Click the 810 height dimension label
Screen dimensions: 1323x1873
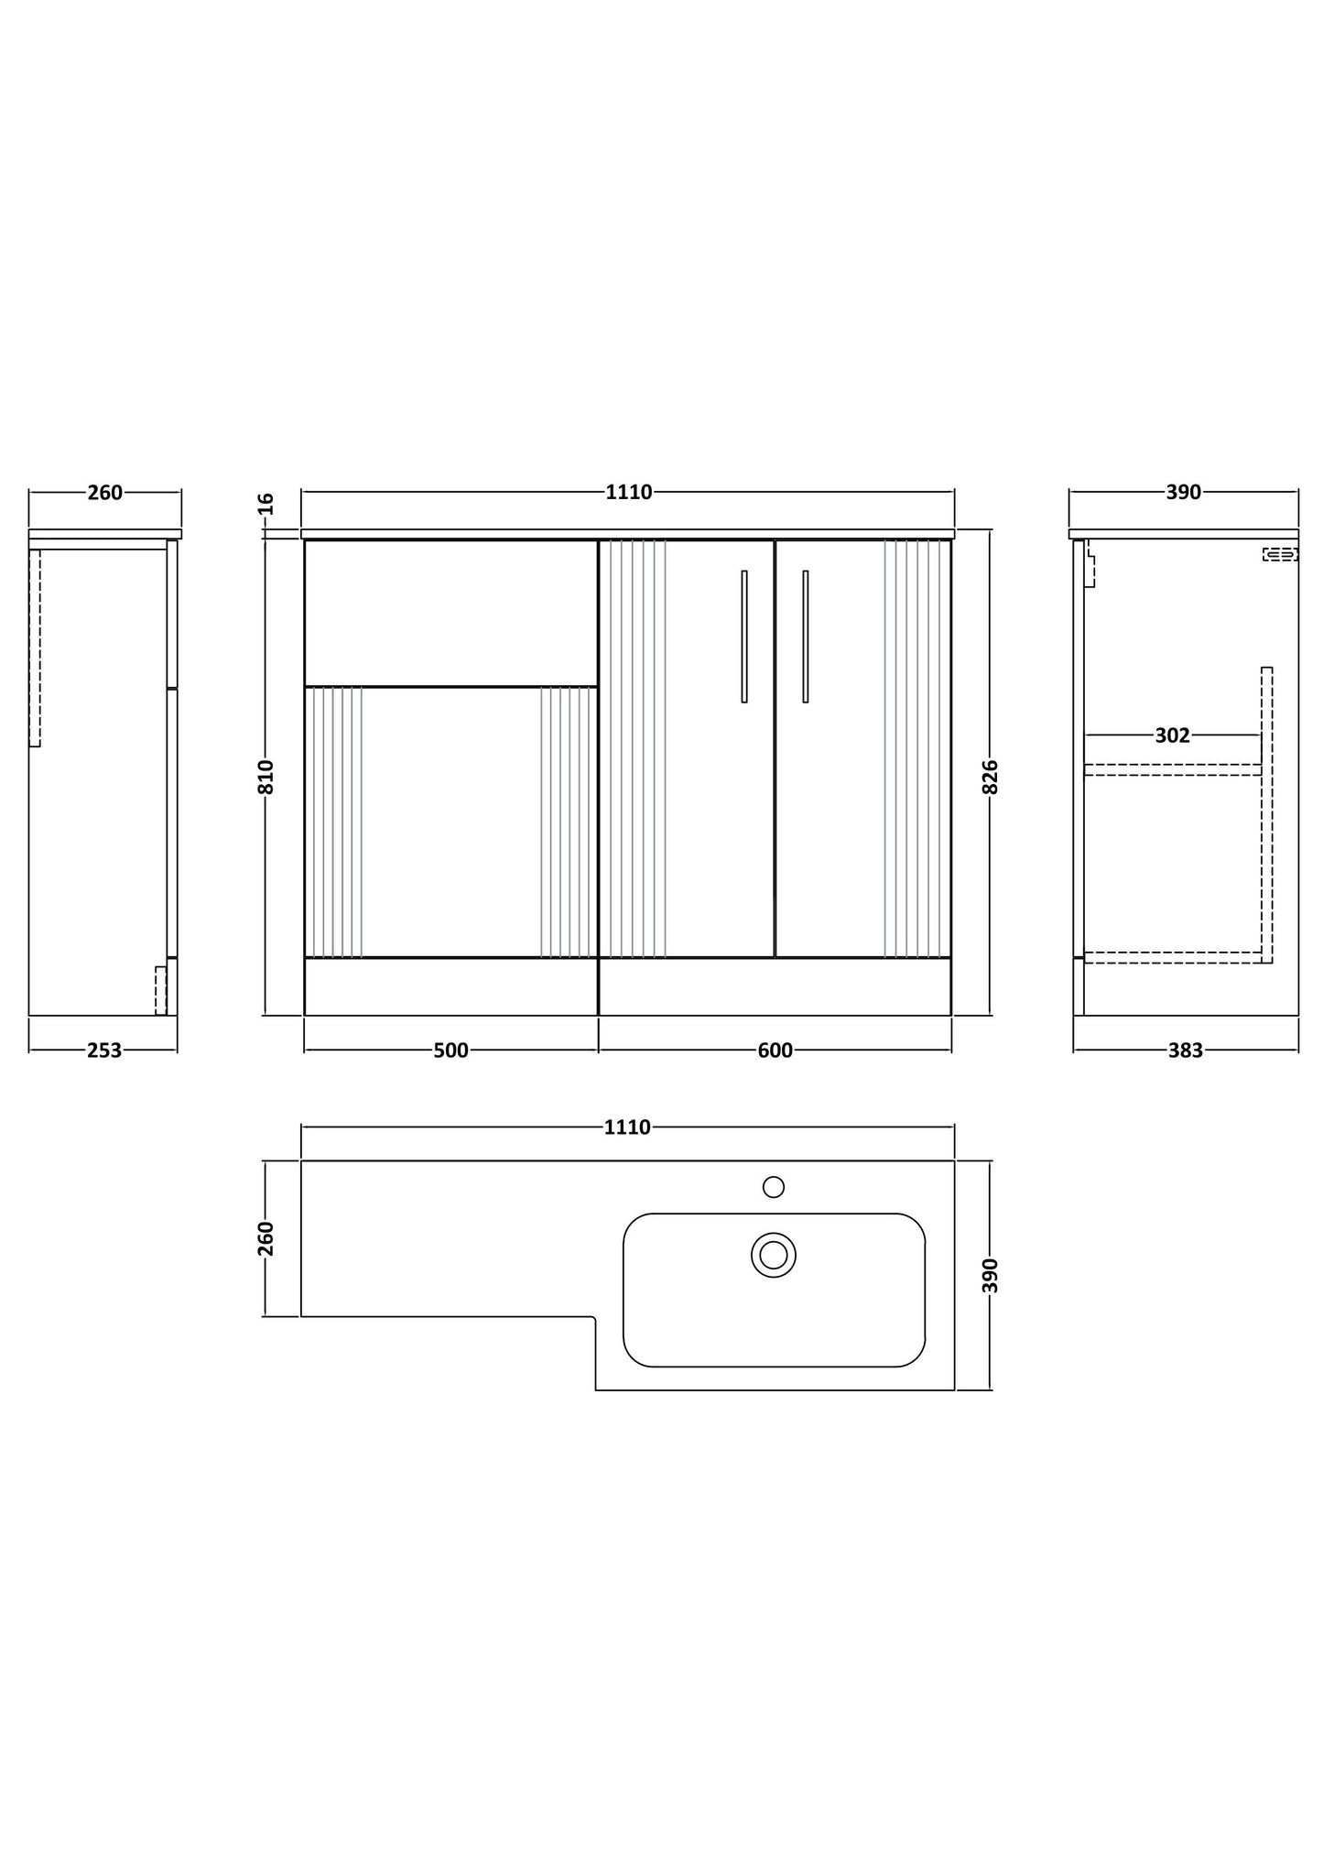[x=266, y=777]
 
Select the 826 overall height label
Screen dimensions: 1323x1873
[x=990, y=777]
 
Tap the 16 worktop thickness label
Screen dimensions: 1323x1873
[x=266, y=503]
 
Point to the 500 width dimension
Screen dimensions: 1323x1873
[x=450, y=1051]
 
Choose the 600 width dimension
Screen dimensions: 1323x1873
[x=775, y=1051]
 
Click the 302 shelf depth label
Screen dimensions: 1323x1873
[x=1172, y=735]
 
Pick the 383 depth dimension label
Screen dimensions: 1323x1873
[x=1185, y=1051]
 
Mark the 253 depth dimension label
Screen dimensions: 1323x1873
[x=104, y=1051]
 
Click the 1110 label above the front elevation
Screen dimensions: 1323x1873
[x=629, y=493]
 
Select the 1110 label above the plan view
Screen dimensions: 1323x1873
[x=627, y=1127]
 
